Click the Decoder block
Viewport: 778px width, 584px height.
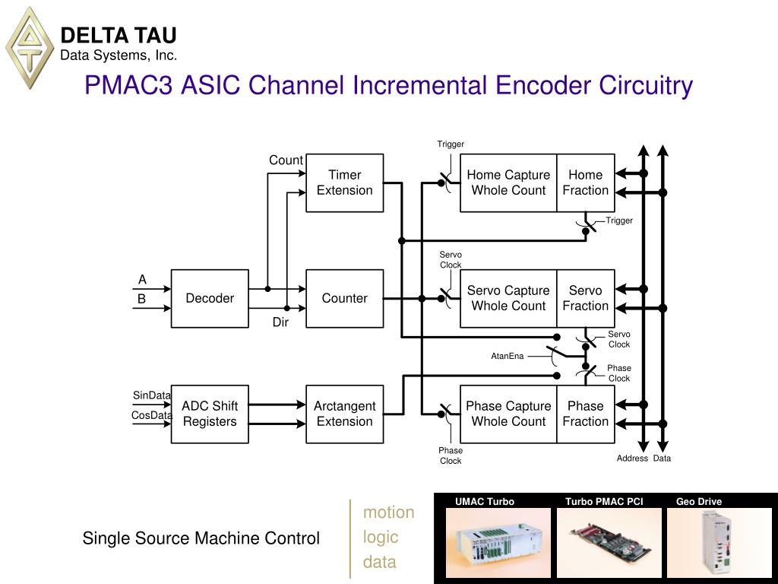point(210,298)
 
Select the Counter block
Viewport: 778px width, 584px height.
point(344,298)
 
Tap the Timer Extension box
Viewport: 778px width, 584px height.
point(344,182)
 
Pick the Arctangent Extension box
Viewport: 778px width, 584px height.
point(344,414)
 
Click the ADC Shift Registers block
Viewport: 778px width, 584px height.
point(210,414)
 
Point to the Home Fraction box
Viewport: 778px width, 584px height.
point(586,182)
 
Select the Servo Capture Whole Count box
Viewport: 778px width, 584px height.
point(508,298)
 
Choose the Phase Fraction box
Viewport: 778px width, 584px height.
point(586,414)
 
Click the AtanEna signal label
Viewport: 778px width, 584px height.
point(507,356)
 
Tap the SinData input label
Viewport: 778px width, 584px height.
point(151,395)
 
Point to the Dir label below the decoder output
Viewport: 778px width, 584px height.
point(280,322)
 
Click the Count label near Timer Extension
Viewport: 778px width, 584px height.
point(286,160)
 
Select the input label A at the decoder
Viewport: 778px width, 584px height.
point(142,280)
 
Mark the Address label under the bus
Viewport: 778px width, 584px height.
point(632,459)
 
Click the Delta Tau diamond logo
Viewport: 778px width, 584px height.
point(30,48)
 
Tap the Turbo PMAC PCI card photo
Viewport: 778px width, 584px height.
point(609,542)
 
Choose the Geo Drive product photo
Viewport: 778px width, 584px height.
point(719,542)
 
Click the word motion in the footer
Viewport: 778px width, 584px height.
point(388,512)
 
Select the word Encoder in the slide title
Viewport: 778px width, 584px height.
point(544,85)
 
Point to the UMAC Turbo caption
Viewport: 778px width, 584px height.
point(485,502)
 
